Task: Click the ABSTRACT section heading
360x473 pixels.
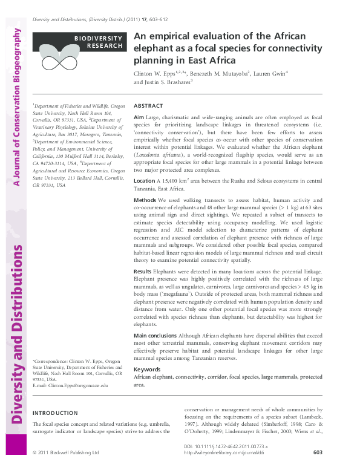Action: coord(148,106)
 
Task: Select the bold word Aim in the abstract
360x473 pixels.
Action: coord(139,116)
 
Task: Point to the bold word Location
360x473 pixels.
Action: coord(144,181)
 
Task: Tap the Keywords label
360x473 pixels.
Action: coord(146,369)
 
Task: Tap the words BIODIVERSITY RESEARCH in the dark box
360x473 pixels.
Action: coord(99,42)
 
